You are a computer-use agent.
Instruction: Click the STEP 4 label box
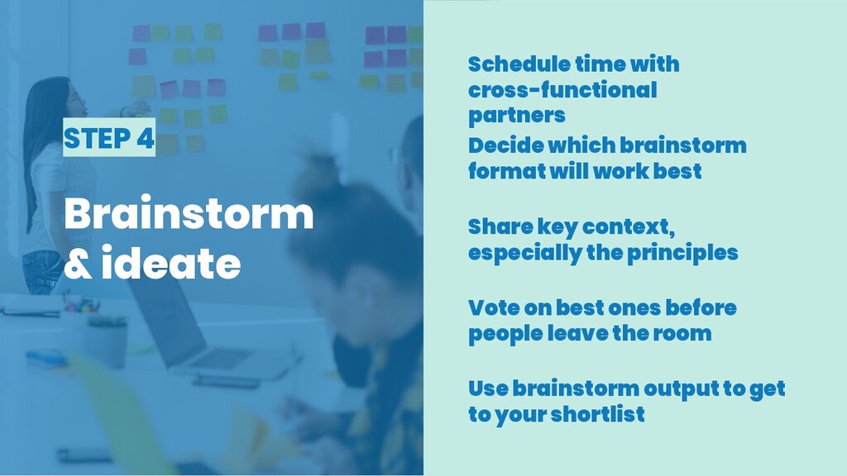point(109,137)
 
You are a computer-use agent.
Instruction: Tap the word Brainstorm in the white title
point(189,214)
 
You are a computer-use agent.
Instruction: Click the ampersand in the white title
point(79,263)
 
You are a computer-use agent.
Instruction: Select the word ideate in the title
point(171,262)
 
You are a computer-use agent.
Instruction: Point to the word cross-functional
point(562,89)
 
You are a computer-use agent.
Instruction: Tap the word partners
point(516,116)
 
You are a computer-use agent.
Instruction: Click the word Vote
point(493,307)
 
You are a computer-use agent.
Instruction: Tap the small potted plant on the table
point(107,340)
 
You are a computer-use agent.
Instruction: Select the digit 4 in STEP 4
point(146,138)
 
